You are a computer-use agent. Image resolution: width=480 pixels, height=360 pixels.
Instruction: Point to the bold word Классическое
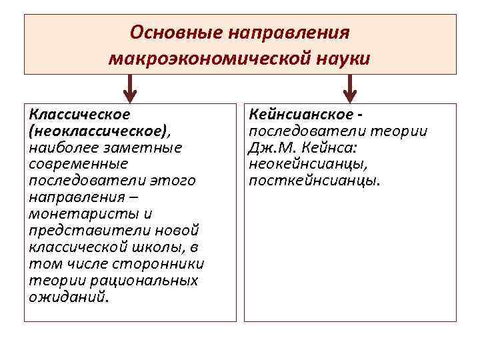[x=79, y=114]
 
